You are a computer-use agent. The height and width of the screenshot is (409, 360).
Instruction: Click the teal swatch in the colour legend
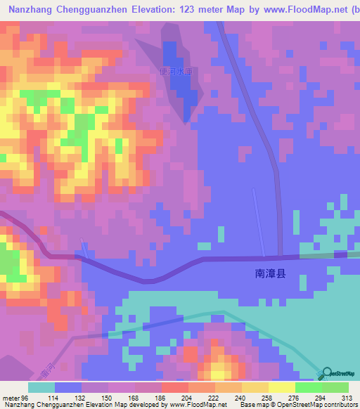(41, 387)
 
